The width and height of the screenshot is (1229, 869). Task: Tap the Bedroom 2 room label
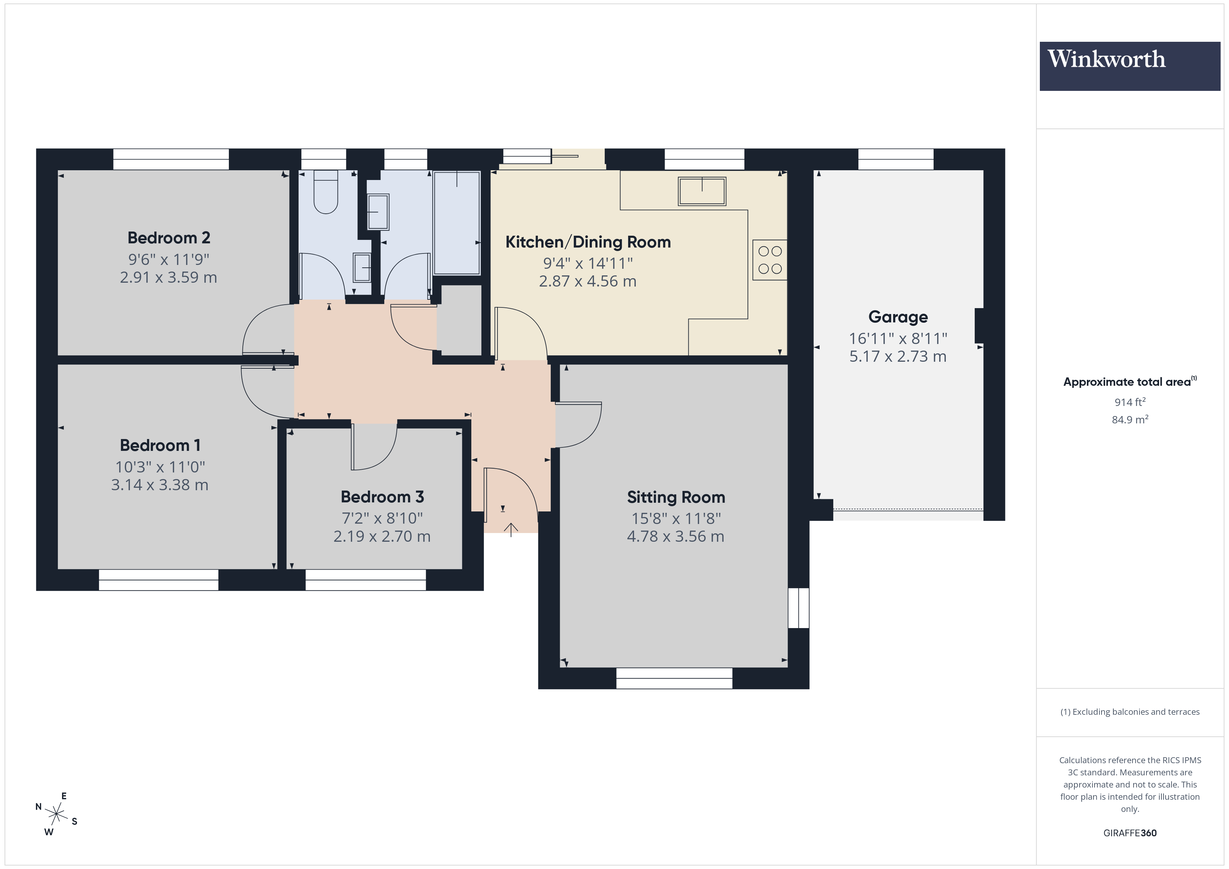pos(169,237)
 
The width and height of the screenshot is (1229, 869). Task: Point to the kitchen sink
pos(702,191)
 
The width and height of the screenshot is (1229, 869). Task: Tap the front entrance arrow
pos(511,529)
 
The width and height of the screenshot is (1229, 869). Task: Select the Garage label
pos(898,317)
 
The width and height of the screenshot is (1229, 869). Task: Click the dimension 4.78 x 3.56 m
pos(675,536)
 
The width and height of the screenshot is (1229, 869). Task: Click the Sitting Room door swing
pos(578,425)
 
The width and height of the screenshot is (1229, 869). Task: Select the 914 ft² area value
pos(1129,402)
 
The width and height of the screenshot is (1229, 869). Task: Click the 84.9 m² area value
pos(1129,420)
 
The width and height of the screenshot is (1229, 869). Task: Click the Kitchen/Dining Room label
pos(588,242)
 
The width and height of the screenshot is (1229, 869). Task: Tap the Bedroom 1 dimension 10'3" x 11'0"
pos(160,467)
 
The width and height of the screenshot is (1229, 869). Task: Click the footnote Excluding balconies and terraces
pos(1129,712)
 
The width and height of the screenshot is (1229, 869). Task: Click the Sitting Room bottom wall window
pos(674,679)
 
